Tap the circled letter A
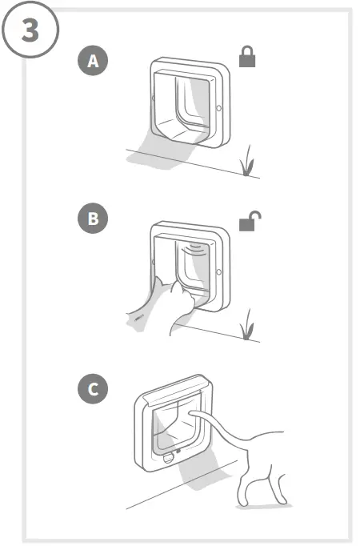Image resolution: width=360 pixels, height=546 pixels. [94, 62]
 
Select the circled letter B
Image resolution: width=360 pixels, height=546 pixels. [94, 219]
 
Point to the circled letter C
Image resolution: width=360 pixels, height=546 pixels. [94, 390]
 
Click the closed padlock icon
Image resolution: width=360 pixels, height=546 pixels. [248, 58]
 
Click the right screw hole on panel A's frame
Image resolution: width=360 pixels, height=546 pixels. [219, 106]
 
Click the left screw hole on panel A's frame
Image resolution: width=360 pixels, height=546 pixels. [153, 97]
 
